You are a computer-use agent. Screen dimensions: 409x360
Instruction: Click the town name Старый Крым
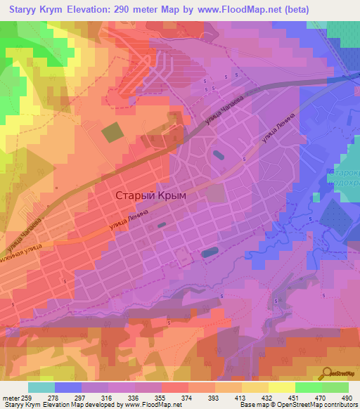tap(150, 195)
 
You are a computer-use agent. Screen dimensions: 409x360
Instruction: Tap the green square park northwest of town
tap(112, 132)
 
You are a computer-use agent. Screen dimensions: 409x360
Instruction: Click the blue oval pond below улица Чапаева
tap(218, 155)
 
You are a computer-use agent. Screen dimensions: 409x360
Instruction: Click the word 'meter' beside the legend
tap(10, 397)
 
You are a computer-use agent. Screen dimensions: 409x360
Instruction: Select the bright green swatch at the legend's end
tap(335, 387)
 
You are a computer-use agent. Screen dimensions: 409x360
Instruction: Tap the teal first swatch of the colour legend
tap(41, 387)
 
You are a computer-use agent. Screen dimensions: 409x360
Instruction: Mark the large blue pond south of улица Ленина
tap(210, 251)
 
